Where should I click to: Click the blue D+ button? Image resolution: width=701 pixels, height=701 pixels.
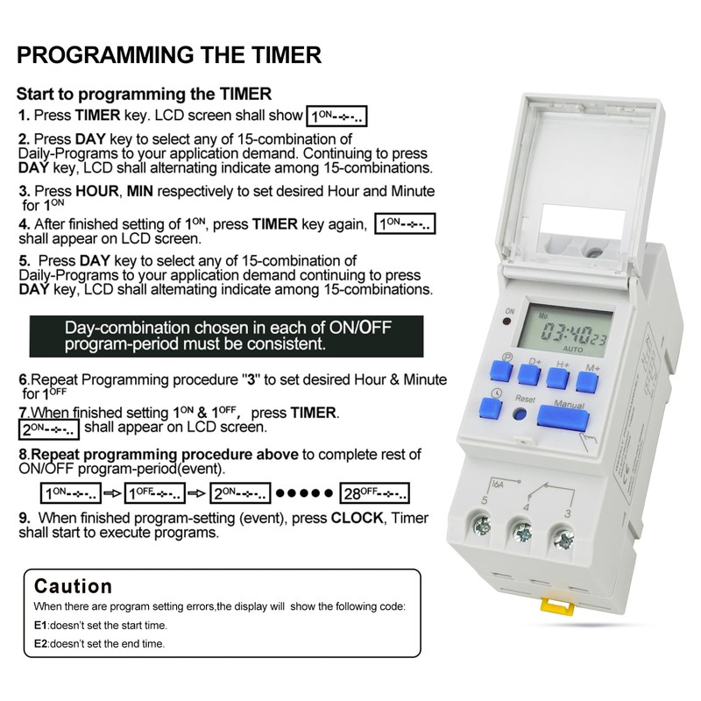[528, 373]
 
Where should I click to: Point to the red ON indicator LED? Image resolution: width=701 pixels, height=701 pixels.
[508, 325]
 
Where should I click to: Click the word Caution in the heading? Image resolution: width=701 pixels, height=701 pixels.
[74, 585]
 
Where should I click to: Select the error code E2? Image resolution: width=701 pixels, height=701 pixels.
[40, 643]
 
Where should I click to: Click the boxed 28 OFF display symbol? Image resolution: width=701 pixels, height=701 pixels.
[375, 492]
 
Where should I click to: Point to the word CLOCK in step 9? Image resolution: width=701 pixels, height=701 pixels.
[357, 518]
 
